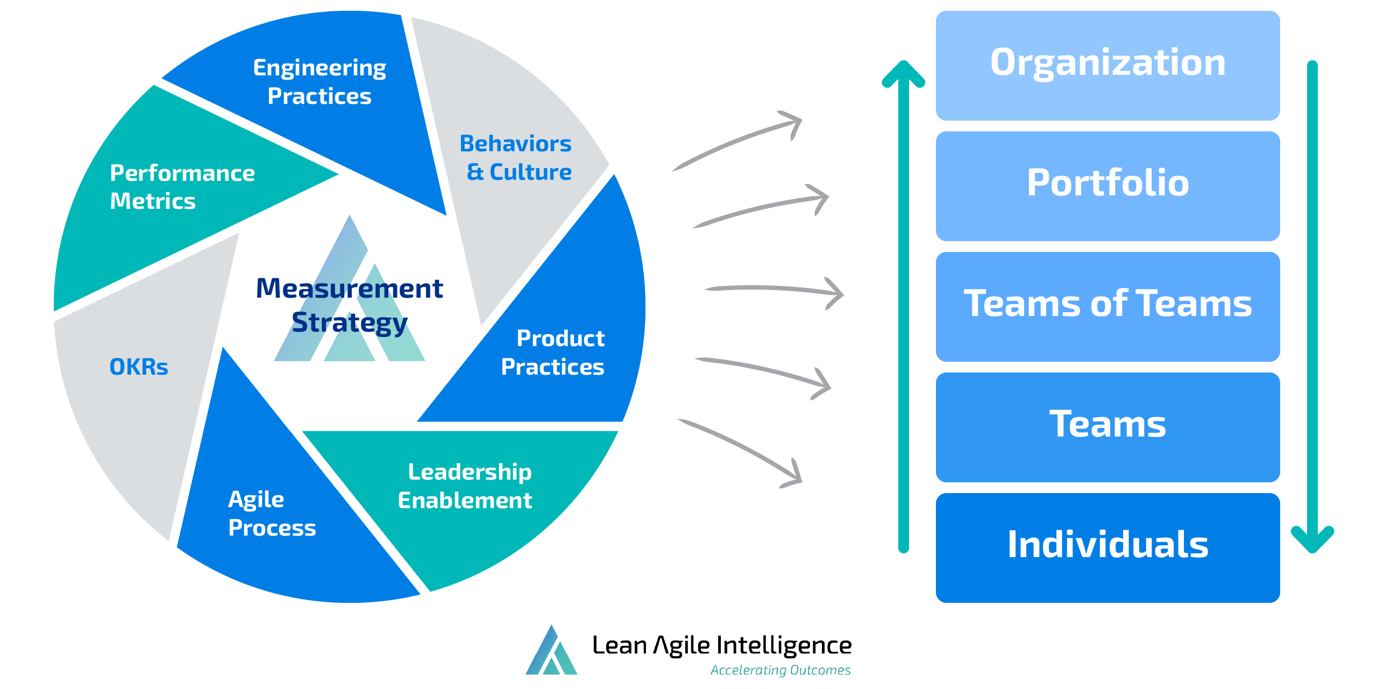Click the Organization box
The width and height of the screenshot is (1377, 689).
1108,65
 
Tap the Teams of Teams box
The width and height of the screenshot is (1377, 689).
1108,305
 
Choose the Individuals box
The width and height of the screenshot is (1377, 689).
1108,546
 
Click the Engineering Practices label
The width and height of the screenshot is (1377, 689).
320,82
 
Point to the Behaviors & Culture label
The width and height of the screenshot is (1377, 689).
516,158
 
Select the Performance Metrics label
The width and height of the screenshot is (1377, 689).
182,187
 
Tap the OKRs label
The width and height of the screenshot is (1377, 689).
139,367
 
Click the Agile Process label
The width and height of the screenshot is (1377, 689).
271,514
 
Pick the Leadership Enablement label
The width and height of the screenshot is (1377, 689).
466,486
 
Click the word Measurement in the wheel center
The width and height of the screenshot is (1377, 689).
350,289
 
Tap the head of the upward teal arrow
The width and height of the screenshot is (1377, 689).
904,73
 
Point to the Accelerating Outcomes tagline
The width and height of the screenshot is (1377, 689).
780,670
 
